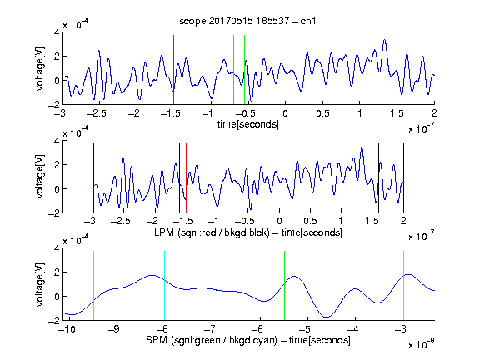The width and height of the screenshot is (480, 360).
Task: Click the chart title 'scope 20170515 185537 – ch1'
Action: point(247,21)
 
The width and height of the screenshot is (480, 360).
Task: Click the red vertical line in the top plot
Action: point(173,70)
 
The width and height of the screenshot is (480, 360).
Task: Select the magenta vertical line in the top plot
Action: point(397,70)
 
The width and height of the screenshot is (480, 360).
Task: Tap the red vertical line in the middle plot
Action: point(186,177)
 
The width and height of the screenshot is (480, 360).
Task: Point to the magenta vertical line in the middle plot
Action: point(372,177)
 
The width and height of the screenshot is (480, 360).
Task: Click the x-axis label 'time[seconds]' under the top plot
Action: point(248,124)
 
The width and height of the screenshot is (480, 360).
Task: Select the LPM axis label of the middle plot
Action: point(248,232)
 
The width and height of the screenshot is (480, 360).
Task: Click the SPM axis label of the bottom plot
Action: point(248,340)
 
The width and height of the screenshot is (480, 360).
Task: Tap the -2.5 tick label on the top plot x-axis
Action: point(96,113)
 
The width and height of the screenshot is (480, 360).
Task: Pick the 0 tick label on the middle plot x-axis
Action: point(279,221)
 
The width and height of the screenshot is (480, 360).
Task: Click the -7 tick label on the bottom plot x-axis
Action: point(209,329)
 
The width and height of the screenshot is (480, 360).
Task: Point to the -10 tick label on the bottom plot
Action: point(67,329)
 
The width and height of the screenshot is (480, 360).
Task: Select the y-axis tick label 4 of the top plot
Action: point(57,32)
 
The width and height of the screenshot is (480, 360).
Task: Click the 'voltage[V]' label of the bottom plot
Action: point(40,285)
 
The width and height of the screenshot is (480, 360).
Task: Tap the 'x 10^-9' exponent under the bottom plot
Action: point(421,344)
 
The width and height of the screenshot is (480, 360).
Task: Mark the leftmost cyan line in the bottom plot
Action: point(93,286)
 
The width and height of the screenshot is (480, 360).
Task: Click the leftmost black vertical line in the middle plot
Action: point(93,177)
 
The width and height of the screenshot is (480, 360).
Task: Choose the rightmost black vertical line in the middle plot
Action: point(403,177)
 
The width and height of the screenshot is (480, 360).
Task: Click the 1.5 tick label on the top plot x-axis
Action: point(397,113)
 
